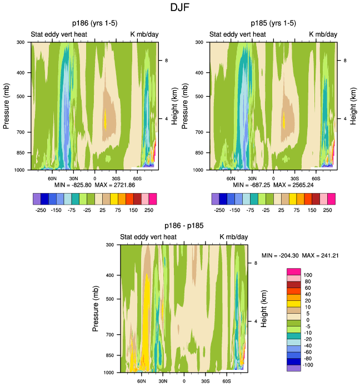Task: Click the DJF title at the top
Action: coord(179,8)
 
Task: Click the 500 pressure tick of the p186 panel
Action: coord(24,96)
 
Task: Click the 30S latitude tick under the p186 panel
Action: coord(116,177)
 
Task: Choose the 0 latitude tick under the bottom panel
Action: coord(184,380)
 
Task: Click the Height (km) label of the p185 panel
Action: coord(353,106)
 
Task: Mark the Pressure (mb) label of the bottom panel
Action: coord(97,308)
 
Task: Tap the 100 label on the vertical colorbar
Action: coord(308,275)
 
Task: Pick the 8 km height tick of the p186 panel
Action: coord(164,60)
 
